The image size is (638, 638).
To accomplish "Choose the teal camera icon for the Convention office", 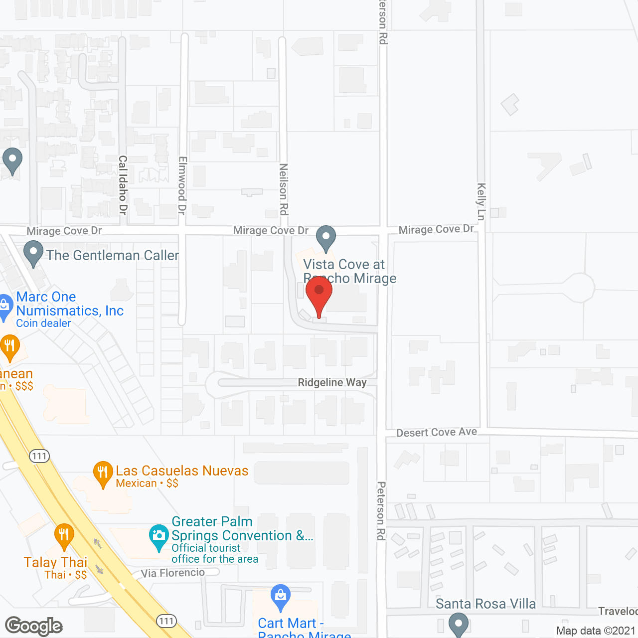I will pyautogui.click(x=159, y=537).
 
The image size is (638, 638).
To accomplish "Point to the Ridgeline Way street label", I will pyautogui.click(x=332, y=382).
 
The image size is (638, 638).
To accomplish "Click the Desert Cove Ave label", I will pyautogui.click(x=437, y=432).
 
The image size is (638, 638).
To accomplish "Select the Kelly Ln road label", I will pyautogui.click(x=481, y=201).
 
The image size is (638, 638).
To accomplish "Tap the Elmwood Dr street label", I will pyautogui.click(x=182, y=185).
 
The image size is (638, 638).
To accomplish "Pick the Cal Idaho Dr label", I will pyautogui.click(x=123, y=185).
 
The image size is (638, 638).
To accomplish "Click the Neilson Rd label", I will pyautogui.click(x=283, y=189).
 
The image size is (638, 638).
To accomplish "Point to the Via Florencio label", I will pyautogui.click(x=172, y=573).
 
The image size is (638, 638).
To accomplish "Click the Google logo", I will pyautogui.click(x=34, y=626).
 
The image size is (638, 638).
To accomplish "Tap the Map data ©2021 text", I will pyautogui.click(x=596, y=631).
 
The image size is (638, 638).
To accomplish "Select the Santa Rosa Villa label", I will pyautogui.click(x=485, y=604).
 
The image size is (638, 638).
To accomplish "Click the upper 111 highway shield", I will pyautogui.click(x=39, y=456).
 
